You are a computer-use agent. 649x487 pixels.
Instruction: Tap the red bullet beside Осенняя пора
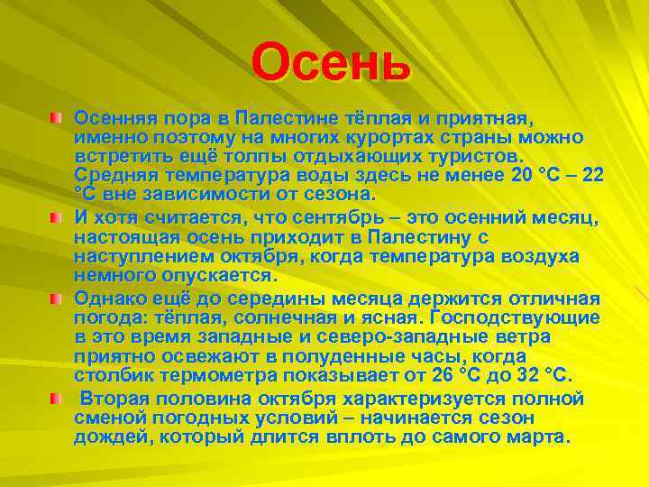tap(56, 118)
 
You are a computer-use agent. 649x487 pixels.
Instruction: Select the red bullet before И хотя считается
tap(56, 217)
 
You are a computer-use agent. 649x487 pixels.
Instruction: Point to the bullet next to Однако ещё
tap(56, 299)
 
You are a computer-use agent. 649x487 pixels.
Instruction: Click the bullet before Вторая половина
tap(56, 398)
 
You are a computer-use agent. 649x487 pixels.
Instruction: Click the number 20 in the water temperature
tap(523, 176)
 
